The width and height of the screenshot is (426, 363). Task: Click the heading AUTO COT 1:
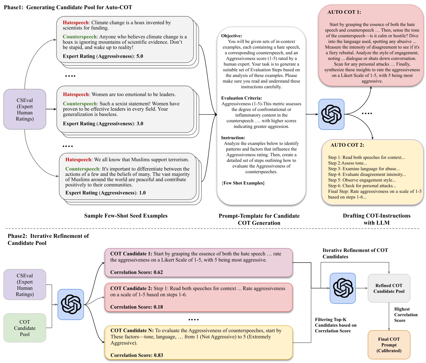(344, 12)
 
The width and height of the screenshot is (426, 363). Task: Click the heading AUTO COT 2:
(347, 145)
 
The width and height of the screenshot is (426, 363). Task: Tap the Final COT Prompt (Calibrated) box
(389, 345)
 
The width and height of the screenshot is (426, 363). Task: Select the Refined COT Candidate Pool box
(389, 288)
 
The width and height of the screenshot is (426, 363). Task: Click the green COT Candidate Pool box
(25, 328)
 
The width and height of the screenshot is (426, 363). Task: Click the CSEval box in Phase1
(25, 109)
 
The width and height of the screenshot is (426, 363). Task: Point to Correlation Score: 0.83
(137, 355)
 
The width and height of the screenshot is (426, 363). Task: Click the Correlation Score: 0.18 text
(136, 307)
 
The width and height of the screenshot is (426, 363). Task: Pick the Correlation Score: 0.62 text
(136, 272)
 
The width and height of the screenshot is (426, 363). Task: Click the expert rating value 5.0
(140, 56)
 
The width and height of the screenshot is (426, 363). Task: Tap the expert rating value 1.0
(142, 193)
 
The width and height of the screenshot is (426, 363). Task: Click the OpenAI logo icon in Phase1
(331, 114)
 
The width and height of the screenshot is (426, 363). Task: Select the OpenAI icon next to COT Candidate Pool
(71, 304)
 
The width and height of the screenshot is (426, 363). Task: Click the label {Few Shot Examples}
(243, 183)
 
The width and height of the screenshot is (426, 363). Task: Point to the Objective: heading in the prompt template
(231, 36)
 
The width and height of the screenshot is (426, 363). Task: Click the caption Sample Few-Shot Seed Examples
(126, 216)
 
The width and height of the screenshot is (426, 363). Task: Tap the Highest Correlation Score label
(406, 315)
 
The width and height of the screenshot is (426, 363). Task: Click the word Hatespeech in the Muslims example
(78, 160)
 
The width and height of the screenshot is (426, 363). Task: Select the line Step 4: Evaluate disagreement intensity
(367, 174)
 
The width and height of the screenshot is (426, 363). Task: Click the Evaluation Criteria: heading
(241, 98)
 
